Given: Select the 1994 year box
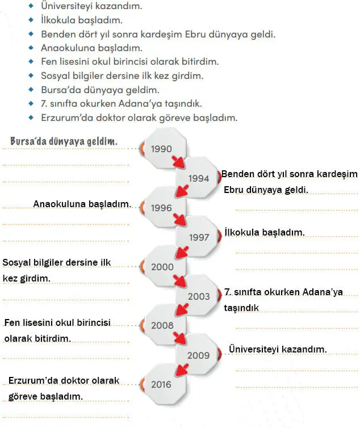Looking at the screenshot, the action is click(198, 178).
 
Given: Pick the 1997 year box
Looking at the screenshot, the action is click(198, 237).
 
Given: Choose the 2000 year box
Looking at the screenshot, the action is click(162, 267).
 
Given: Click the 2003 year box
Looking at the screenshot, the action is click(198, 296).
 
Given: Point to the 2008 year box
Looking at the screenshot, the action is click(162, 326).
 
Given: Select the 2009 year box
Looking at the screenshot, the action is click(198, 355).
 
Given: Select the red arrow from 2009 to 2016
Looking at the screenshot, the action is click(181, 370).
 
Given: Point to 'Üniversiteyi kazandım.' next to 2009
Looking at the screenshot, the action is click(277, 349).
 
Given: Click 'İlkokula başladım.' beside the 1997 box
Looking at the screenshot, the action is click(265, 232).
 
